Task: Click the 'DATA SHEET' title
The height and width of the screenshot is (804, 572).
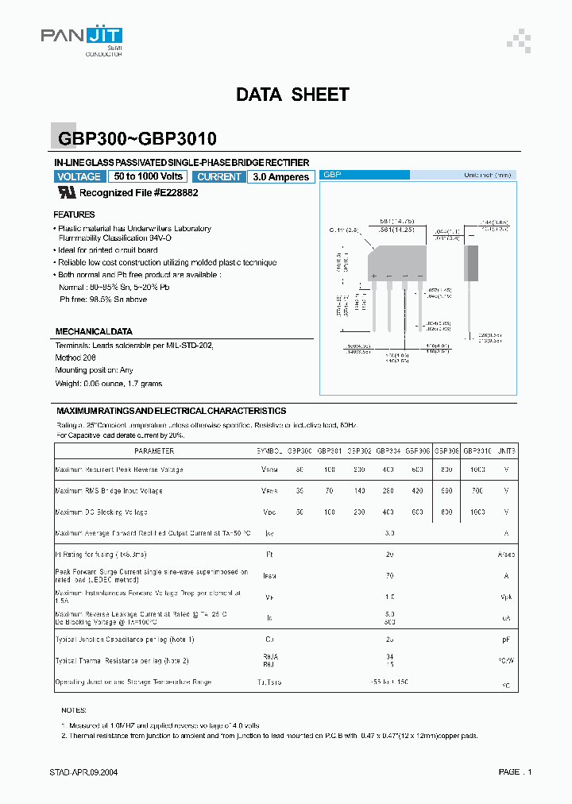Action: point(292,95)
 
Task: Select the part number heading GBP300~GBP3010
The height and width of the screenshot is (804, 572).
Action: point(137,139)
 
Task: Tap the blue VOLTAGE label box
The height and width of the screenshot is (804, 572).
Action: point(79,176)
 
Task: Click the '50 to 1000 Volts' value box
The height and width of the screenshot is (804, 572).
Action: point(149,176)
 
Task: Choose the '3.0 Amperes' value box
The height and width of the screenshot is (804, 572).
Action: point(280,177)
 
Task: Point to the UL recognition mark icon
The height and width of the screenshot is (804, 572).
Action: point(67,192)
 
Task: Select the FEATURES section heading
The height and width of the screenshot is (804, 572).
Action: point(74,215)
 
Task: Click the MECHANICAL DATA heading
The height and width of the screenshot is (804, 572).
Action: point(94,331)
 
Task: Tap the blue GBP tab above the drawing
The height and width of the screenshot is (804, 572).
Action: point(332,174)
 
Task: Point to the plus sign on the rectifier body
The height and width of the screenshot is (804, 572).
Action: point(373,276)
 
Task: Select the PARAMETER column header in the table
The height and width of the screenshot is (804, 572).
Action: point(154,450)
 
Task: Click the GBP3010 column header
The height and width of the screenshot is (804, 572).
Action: point(477,450)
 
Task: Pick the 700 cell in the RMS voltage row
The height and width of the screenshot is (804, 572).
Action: point(477,491)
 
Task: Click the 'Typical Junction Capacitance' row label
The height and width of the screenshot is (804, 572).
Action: point(125,639)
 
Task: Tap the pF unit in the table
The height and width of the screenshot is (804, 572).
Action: point(506,639)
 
